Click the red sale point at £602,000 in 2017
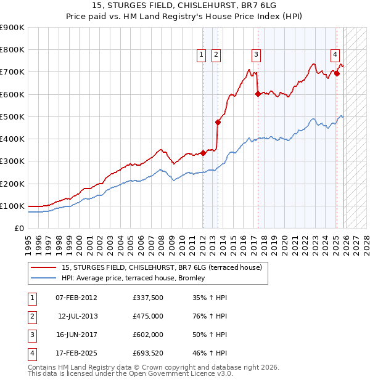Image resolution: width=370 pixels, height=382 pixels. tap(257, 94)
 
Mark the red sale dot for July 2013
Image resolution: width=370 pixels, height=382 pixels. tap(218, 122)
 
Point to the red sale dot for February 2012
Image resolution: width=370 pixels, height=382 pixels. tap(203, 153)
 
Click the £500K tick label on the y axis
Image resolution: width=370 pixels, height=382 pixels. tap(12, 116)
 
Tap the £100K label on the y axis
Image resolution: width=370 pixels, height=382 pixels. tap(12, 206)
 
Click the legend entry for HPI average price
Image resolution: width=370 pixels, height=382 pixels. tap(137, 278)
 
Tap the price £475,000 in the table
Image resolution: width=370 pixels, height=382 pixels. tap(147, 316)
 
